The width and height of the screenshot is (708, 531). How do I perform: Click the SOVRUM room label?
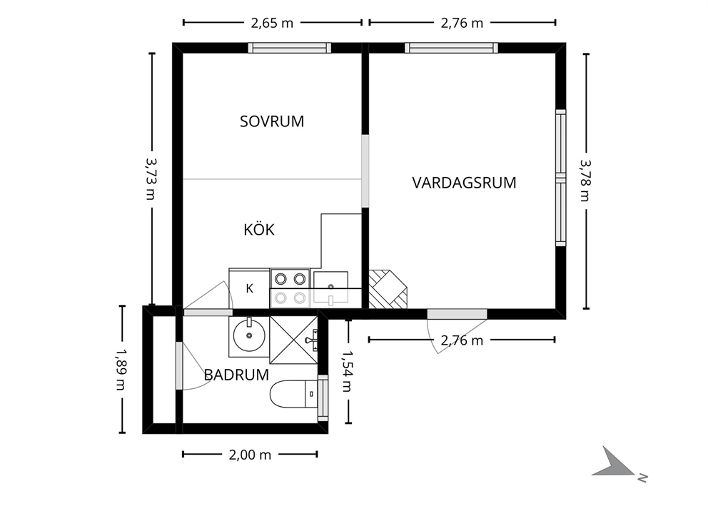272,121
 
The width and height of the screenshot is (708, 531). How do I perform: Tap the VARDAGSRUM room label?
464,183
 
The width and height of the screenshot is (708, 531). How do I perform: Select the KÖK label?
259,229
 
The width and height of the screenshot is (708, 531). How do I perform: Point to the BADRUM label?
236,375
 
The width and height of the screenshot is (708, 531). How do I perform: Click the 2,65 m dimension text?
272,23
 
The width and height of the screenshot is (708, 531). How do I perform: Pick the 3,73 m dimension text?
151,179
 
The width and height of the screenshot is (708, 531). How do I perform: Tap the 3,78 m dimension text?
586,181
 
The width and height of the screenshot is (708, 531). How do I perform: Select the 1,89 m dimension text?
121,370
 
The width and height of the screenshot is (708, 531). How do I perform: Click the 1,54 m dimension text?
347,372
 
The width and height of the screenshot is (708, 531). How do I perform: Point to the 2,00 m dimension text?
250,455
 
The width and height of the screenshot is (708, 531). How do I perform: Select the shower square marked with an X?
293,340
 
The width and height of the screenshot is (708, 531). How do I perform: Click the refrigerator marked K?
249,288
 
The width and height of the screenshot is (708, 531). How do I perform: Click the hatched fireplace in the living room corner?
388,290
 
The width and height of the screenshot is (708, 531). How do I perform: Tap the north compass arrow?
613,462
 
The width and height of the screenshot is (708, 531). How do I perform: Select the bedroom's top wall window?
290,48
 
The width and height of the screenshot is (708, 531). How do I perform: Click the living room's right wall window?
560,178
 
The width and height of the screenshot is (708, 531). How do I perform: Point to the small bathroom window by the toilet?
323,398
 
